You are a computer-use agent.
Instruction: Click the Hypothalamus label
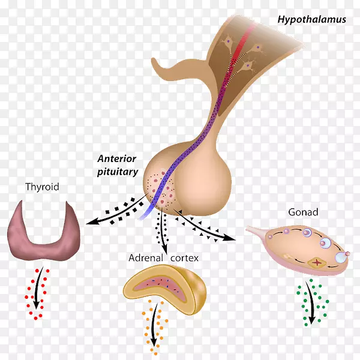coord(311,19)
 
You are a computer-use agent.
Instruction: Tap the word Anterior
coord(118,159)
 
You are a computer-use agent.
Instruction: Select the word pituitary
coord(118,172)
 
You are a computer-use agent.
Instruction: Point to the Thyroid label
coord(42,187)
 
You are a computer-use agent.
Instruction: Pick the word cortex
coord(185,259)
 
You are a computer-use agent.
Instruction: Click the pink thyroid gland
coord(42,231)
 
